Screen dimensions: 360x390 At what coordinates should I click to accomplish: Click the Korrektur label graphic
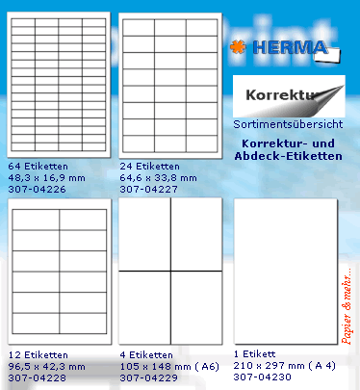(x=287, y=96)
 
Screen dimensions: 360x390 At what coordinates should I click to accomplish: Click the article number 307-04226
(x=36, y=189)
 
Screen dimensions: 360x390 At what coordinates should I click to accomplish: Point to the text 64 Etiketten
(x=37, y=166)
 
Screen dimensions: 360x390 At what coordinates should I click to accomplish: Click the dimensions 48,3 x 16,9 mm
(x=46, y=177)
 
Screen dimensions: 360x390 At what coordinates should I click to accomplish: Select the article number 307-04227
(x=143, y=189)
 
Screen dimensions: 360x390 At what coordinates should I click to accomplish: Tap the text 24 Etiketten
(x=145, y=166)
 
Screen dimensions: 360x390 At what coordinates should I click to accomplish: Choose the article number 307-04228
(x=36, y=378)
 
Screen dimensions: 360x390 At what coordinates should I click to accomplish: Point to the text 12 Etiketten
(x=37, y=355)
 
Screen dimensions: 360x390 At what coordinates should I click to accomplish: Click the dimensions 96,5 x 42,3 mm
(x=46, y=367)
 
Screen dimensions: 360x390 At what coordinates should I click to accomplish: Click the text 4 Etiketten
(x=142, y=355)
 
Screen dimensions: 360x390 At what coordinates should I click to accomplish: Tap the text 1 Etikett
(x=254, y=355)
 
